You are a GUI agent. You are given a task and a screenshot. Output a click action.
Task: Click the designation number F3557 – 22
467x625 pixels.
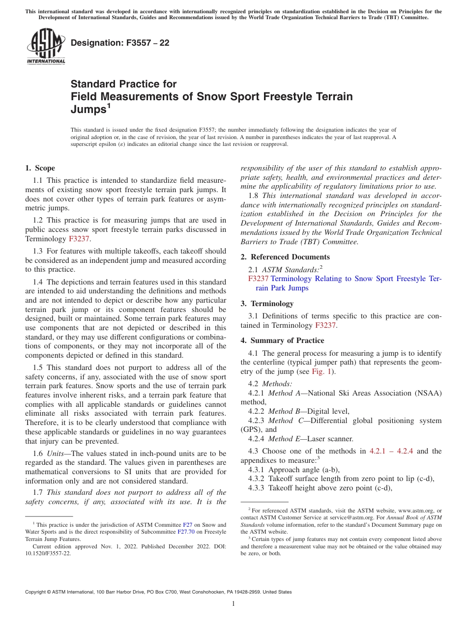[120, 43]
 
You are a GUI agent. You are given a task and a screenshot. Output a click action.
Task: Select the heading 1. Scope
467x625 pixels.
[40, 168]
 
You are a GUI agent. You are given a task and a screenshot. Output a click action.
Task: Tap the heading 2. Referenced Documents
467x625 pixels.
[285, 257]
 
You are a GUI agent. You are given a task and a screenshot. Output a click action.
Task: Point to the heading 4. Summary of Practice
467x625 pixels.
[282, 341]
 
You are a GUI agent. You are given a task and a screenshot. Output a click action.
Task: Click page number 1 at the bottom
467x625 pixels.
[233, 604]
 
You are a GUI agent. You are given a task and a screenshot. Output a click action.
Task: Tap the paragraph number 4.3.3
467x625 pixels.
[258, 488]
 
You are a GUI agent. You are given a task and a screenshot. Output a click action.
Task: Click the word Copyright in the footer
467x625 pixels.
[37, 592]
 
